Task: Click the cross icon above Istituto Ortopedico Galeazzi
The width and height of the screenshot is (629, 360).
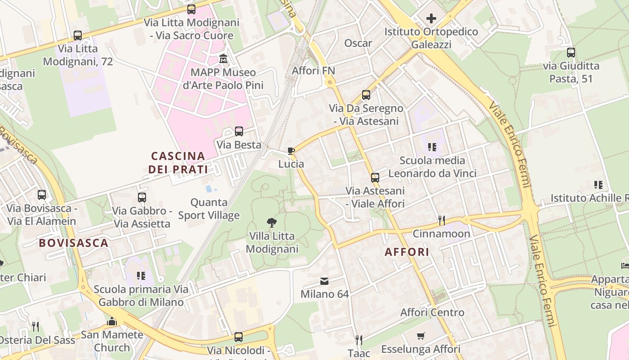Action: tap(431, 18)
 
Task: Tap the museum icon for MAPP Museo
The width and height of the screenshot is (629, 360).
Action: tap(223, 59)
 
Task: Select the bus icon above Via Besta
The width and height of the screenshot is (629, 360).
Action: tap(239, 131)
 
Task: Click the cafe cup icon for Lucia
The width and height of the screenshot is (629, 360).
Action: tap(291, 151)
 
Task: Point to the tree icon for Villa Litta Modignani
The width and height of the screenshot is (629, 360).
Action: tap(271, 222)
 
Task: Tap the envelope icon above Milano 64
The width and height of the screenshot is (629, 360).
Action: tap(324, 281)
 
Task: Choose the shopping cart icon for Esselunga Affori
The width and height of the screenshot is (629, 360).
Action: tap(421, 336)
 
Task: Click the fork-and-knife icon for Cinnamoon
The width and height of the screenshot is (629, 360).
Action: tap(442, 220)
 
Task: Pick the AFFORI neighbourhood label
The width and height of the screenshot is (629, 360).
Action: tap(407, 252)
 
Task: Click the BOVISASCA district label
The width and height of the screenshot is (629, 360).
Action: tap(74, 243)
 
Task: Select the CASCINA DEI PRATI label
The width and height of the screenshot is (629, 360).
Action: tap(178, 163)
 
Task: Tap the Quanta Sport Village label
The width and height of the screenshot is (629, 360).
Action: tap(209, 209)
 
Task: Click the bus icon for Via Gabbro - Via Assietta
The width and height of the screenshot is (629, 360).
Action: tap(142, 197)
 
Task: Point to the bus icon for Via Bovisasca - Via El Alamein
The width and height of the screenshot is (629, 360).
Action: tap(42, 195)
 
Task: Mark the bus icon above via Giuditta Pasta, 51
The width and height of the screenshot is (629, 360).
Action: tap(571, 52)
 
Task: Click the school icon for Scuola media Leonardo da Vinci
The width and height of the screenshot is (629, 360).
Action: tap(432, 147)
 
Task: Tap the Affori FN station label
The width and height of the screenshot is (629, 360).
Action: tap(314, 71)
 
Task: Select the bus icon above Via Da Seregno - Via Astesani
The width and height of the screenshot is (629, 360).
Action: tap(366, 94)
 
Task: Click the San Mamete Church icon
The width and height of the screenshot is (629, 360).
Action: tap(112, 321)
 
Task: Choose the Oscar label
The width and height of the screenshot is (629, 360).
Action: tap(358, 43)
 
